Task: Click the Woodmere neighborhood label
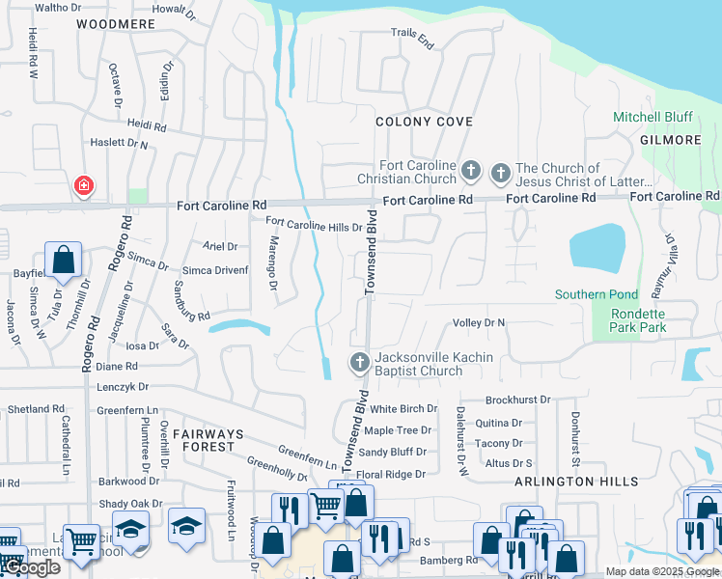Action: coord(115,23)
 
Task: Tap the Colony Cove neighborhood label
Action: coord(424,122)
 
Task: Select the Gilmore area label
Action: coord(670,140)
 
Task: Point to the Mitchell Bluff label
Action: coord(653,117)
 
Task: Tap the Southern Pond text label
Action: coord(596,294)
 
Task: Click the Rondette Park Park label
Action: coord(638,321)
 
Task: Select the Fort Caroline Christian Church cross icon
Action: coord(471,172)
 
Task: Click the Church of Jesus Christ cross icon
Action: coord(500,174)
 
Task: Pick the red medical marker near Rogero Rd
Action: coord(84,185)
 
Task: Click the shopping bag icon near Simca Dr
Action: coord(63,260)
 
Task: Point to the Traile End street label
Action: coord(412,38)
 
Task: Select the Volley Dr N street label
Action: coord(479,323)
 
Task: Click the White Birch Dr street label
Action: coord(403,409)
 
